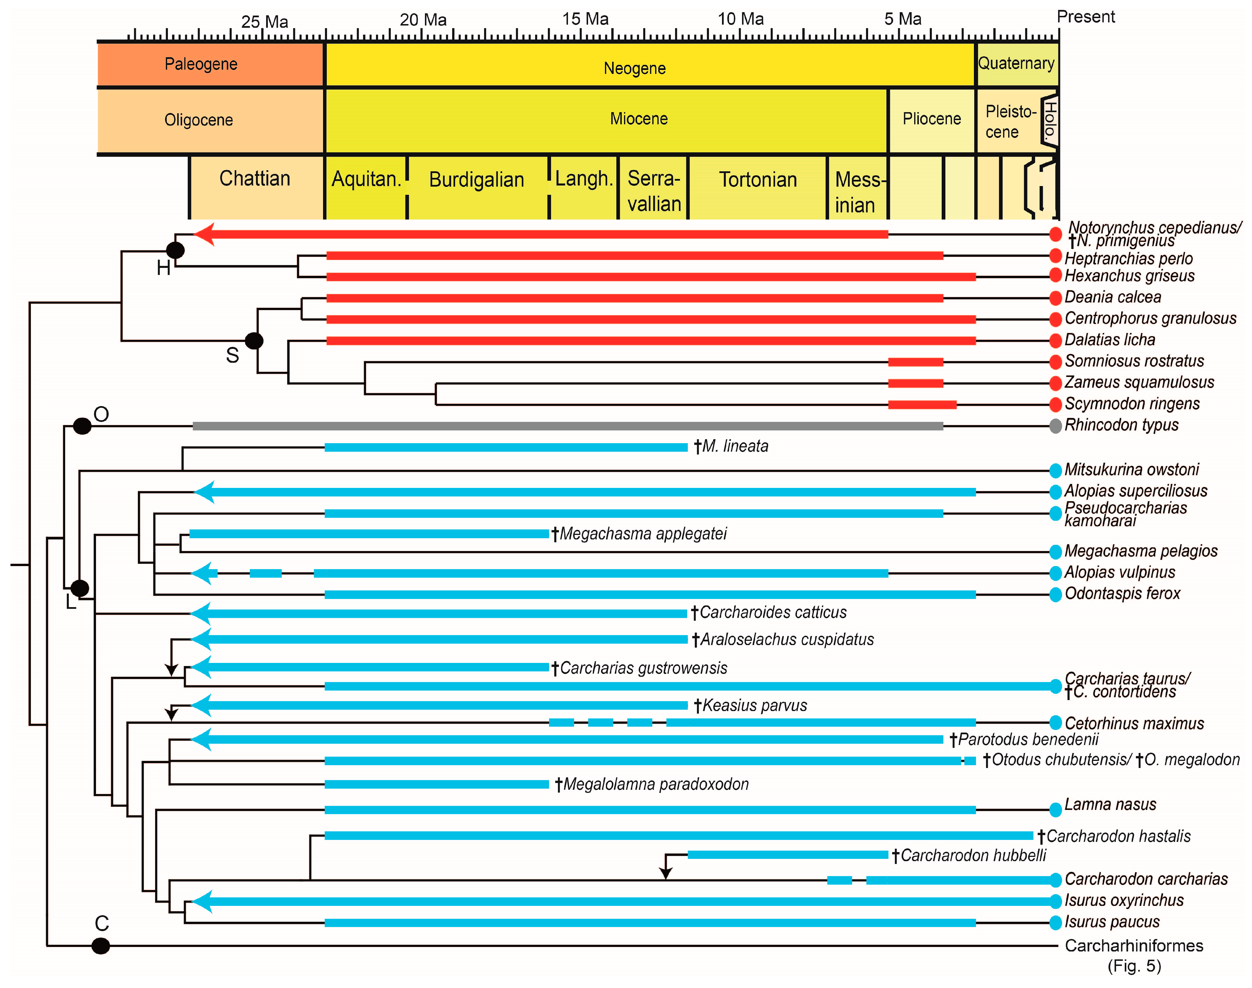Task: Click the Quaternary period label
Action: coord(1016,63)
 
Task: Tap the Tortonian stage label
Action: coord(758,180)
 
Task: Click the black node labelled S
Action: coord(254,341)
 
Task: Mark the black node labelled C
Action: coord(101,946)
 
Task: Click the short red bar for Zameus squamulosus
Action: coord(915,383)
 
